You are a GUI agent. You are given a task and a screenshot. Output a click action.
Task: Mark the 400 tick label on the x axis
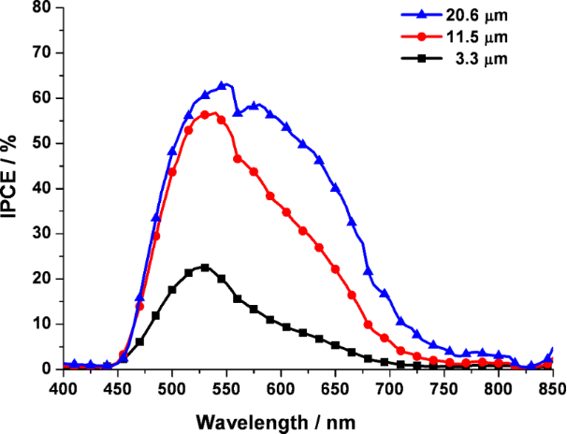(63, 385)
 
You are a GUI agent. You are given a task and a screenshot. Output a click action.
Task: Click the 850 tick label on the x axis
(552, 385)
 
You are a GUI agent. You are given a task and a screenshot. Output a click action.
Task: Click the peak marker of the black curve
(205, 268)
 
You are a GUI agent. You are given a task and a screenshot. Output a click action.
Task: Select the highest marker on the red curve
(205, 114)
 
